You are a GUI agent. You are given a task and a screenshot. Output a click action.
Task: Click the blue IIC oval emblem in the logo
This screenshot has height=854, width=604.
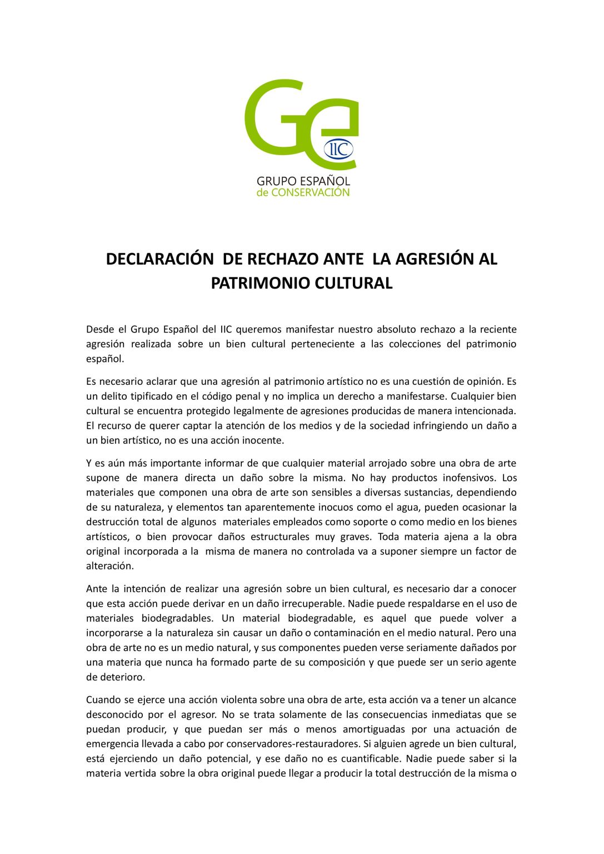click(x=338, y=149)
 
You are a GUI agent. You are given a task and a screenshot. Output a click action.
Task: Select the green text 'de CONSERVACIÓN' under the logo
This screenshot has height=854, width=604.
click(x=303, y=193)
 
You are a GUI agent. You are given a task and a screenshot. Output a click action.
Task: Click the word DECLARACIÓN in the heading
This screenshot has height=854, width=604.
click(x=159, y=259)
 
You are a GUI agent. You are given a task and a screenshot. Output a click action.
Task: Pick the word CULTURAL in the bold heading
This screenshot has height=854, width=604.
click(x=353, y=283)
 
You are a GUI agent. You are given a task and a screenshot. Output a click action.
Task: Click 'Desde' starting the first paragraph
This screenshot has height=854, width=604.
click(x=99, y=330)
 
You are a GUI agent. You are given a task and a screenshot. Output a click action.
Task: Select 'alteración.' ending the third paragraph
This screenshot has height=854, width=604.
click(x=110, y=567)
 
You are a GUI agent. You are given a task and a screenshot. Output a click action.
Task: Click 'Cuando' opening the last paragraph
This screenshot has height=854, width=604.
click(x=102, y=700)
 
